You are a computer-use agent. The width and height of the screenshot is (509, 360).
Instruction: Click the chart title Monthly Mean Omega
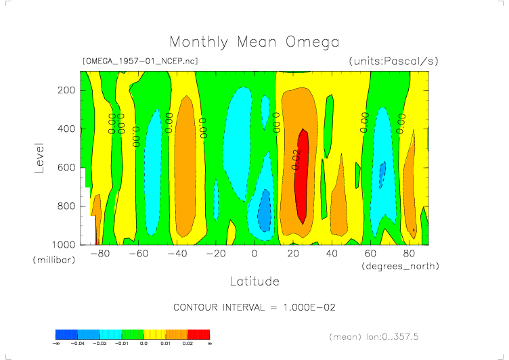tap(254, 43)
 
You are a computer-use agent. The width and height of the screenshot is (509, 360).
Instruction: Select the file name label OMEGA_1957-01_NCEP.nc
tap(139, 61)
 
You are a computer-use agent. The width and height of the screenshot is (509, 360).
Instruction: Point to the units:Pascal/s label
tap(394, 61)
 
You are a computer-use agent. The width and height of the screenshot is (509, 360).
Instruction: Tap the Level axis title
tap(39, 157)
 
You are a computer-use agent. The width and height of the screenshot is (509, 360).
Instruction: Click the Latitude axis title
tap(254, 280)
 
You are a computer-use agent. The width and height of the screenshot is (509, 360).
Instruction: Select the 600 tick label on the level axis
tap(66, 167)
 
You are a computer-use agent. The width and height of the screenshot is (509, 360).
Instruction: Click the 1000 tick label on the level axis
tap(64, 244)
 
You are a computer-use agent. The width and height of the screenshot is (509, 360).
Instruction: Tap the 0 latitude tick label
tap(255, 254)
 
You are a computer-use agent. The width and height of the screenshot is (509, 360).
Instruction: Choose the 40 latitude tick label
tap(332, 254)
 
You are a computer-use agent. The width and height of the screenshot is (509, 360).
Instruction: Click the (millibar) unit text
tap(53, 261)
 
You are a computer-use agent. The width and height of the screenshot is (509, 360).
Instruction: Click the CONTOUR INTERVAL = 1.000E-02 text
tap(255, 307)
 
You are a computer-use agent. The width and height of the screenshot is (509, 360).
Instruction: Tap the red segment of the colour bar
tap(199, 334)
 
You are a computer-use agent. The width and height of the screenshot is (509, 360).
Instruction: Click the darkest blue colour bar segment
tap(66, 334)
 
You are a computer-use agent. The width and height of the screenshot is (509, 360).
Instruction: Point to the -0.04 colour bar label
tap(78, 344)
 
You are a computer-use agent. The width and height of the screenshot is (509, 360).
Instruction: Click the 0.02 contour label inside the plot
tap(296, 159)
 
